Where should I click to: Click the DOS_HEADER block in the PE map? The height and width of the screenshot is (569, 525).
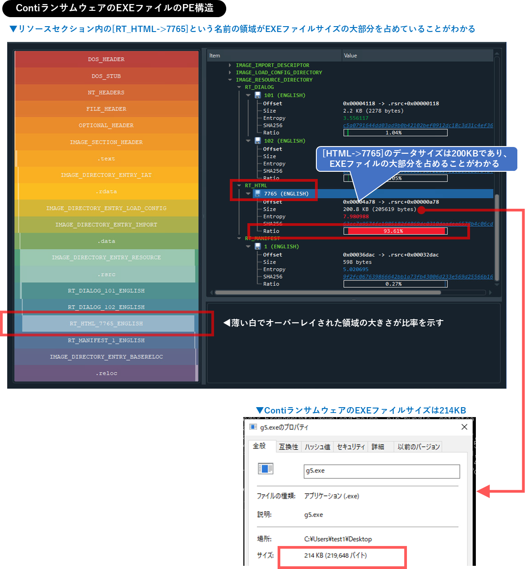coord(106,59)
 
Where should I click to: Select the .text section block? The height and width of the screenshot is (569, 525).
coord(106,159)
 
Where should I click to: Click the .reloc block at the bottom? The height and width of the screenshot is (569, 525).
coord(106,373)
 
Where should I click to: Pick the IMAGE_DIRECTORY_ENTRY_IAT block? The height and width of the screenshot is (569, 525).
coord(106,175)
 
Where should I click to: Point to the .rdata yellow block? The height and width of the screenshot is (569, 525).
coord(106,192)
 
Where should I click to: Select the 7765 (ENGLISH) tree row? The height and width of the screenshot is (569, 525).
coord(286,193)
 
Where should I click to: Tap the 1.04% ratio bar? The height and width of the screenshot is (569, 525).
coord(395,133)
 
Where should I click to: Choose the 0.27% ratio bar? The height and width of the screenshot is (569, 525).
coord(395,284)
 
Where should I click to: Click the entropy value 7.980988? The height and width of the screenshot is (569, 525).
coord(356,216)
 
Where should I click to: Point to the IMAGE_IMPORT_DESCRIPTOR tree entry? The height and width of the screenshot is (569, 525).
coord(272,65)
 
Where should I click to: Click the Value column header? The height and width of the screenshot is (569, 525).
coord(350,55)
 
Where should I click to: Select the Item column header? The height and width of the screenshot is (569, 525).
coord(215,55)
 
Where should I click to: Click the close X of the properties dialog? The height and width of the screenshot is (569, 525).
coord(464,427)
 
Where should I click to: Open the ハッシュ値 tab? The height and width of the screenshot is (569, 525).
coord(317,447)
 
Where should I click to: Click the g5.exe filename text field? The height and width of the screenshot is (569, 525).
coord(381,471)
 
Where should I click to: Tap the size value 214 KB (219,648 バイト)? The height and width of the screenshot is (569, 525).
coord(335,555)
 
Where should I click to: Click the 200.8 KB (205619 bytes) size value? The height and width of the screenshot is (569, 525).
coord(379,209)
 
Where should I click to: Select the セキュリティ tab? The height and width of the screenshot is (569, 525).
coord(351,447)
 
